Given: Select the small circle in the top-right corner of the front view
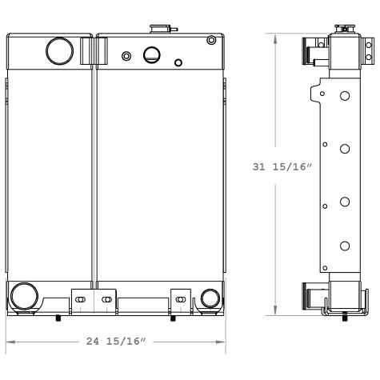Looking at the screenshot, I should [210, 41].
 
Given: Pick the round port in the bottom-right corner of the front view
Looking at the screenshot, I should [210, 298].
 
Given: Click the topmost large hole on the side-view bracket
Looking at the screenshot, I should [344, 96].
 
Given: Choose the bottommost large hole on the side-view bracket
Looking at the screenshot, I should [344, 246].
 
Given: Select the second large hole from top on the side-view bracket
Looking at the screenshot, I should [344, 149].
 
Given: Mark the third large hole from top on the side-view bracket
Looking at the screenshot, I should [344, 202].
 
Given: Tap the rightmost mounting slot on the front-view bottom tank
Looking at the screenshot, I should [181, 299].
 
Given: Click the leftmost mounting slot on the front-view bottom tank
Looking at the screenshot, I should [78, 299].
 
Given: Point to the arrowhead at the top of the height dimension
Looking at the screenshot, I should [275, 37].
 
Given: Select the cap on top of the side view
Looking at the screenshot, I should [345, 30].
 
